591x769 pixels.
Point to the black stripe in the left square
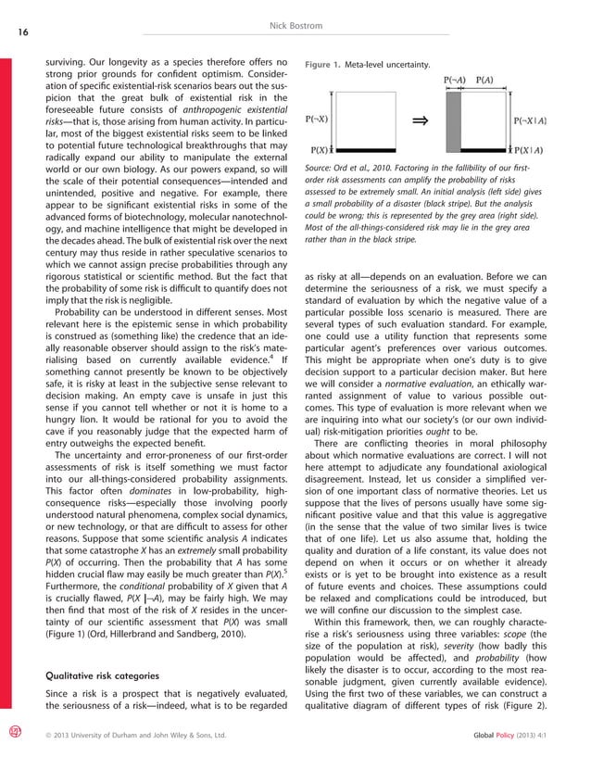[367, 150]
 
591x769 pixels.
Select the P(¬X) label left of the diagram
[316, 120]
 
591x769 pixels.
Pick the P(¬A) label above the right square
[455, 80]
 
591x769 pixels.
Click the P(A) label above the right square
[484, 80]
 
